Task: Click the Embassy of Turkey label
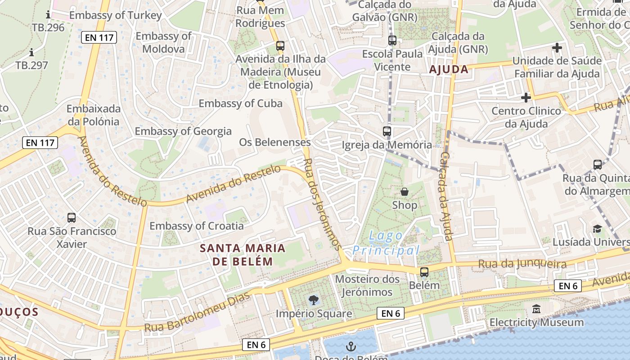tap(116, 15)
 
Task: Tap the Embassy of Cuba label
tap(241, 103)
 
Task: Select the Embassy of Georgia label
tap(183, 131)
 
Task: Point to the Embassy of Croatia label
tap(197, 226)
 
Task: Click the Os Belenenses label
tap(274, 143)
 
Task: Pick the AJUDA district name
tap(449, 70)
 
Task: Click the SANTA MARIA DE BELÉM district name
tap(243, 255)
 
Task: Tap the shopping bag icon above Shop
tap(405, 192)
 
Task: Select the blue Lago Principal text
tap(386, 243)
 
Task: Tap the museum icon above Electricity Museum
tap(536, 309)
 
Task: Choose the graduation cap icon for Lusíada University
tap(597, 229)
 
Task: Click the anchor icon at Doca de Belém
tap(351, 346)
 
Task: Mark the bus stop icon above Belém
tap(424, 272)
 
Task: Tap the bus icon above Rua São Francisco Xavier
tap(72, 218)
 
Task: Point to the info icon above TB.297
tap(31, 52)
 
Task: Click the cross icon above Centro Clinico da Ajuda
tap(526, 97)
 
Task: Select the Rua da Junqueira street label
tap(522, 264)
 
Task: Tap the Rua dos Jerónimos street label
tap(321, 203)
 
